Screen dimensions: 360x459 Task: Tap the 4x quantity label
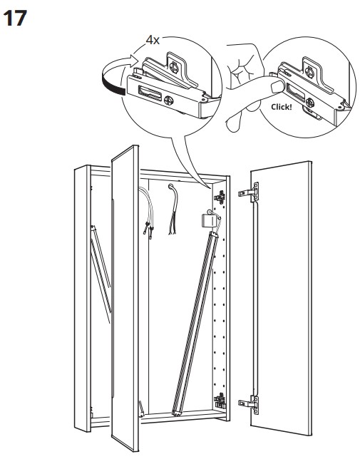tap(153, 41)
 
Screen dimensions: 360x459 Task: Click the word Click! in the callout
tap(282, 107)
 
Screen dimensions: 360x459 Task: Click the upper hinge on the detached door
tap(250, 192)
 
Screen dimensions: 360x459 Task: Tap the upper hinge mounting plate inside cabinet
tap(220, 197)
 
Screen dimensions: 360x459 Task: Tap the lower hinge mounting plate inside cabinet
tap(220, 401)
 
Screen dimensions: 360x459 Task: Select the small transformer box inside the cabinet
tap(209, 220)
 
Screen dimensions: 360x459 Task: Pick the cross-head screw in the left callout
tap(169, 101)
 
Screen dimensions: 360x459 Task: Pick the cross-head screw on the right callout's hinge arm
tap(310, 103)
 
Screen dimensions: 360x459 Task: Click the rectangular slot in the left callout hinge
tap(149, 93)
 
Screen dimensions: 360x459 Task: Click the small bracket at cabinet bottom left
tap(141, 409)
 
